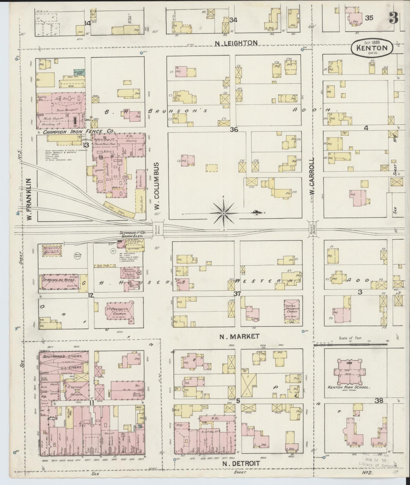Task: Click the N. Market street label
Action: pos(240,336)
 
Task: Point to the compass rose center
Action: pos(224,213)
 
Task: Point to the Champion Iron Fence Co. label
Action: pos(79,132)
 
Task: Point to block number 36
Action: pos(234,130)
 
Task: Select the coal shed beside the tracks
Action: pos(119,209)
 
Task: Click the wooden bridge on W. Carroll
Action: pos(313,228)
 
